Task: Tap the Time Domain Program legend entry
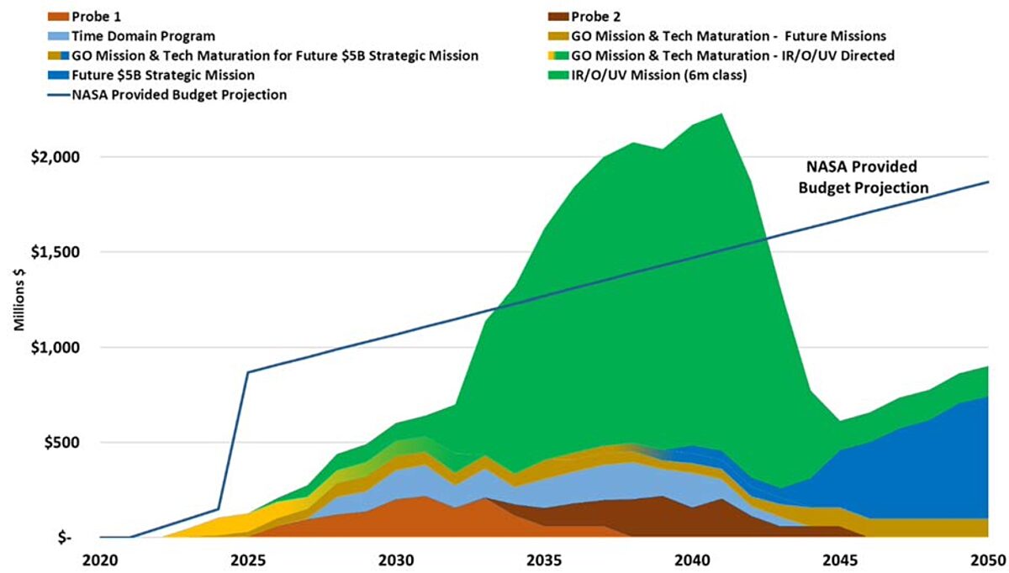click(x=143, y=36)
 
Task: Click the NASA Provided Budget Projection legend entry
click(x=168, y=95)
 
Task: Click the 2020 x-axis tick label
click(x=99, y=560)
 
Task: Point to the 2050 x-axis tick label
click(x=987, y=560)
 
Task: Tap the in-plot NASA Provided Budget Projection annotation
click(x=863, y=176)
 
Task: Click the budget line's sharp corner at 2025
click(x=248, y=372)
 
